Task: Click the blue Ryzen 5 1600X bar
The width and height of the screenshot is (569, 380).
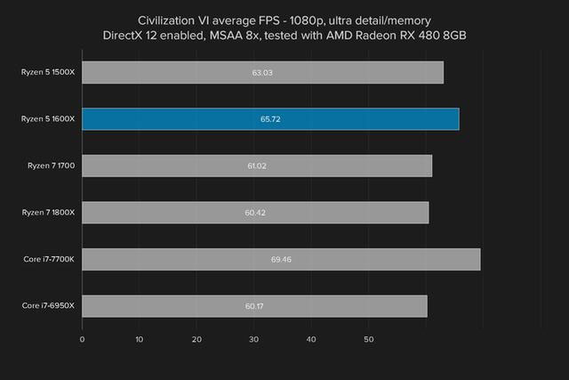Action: pos(270,119)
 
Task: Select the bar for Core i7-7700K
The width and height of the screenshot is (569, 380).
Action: pos(281,259)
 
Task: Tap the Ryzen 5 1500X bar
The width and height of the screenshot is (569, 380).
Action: pos(262,73)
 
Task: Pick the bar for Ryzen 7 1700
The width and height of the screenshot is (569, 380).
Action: pos(257,166)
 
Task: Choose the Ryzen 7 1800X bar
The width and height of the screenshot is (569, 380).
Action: pos(255,213)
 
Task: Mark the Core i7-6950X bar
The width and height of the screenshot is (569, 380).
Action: pos(254,306)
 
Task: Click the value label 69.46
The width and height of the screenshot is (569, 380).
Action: pos(281,260)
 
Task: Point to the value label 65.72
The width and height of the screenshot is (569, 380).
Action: pos(270,119)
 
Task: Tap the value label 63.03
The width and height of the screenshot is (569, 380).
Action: pos(262,73)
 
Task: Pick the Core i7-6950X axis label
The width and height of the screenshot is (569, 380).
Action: pos(50,306)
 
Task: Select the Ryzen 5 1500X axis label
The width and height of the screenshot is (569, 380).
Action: pos(50,73)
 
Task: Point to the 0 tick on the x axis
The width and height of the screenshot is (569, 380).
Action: pos(82,339)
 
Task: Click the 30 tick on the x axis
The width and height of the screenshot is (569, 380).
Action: pos(253,339)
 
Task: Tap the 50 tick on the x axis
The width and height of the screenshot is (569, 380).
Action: pos(368,339)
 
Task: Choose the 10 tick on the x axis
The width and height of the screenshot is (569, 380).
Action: pos(140,339)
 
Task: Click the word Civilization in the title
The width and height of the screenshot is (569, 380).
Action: pos(168,19)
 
